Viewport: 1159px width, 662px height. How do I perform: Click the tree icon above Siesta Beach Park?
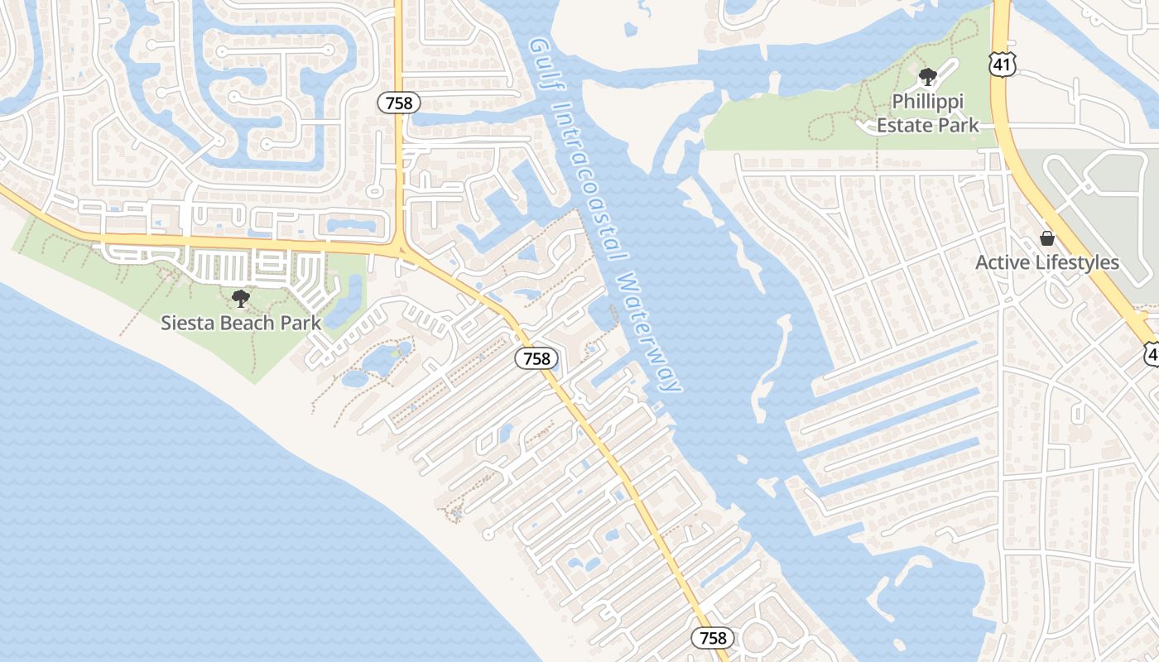pyautogui.click(x=241, y=299)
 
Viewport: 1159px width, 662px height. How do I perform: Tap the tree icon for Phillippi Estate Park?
pyautogui.click(x=927, y=77)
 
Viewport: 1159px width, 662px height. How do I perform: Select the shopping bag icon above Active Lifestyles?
pyautogui.click(x=1047, y=239)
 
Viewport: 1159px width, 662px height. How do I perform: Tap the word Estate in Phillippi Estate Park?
pyautogui.click(x=901, y=126)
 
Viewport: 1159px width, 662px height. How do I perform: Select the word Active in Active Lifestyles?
pyautogui.click(x=1003, y=263)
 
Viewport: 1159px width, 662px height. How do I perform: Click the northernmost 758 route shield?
pyautogui.click(x=400, y=103)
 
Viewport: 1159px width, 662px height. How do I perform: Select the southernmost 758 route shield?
pyautogui.click(x=713, y=637)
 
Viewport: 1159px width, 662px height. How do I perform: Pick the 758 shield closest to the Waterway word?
pyautogui.click(x=537, y=358)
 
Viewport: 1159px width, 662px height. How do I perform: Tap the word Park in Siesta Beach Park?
pyautogui.click(x=301, y=323)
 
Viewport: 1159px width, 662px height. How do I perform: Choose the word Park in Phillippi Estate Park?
pyautogui.click(x=952, y=126)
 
